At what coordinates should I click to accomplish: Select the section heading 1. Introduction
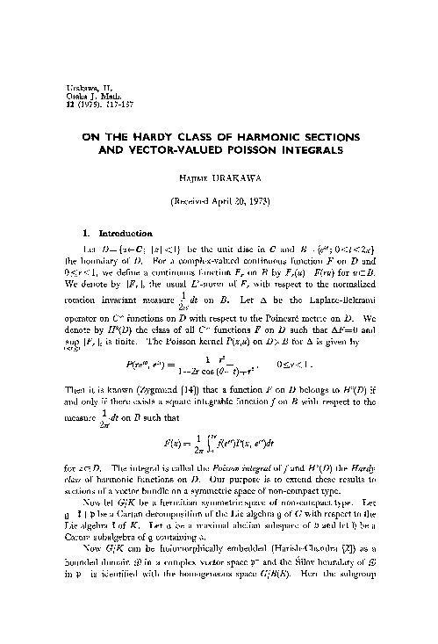pos(114,233)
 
